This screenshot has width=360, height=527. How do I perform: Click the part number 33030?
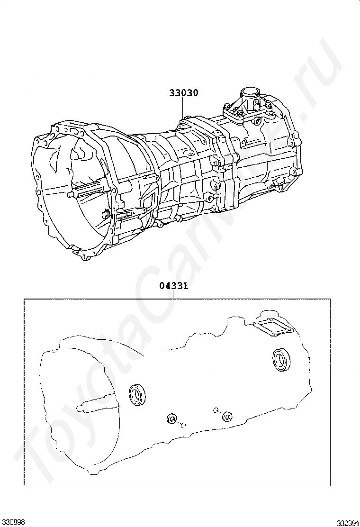click(x=184, y=93)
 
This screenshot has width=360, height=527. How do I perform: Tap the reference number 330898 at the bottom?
click(x=12, y=522)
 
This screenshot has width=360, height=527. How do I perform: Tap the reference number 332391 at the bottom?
click(x=348, y=522)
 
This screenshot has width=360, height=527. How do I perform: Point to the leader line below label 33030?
click(x=184, y=107)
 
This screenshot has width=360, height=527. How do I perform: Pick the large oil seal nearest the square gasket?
click(x=282, y=359)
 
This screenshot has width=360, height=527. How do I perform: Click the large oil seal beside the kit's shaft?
click(x=138, y=394)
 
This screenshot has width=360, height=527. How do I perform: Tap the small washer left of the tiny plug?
click(x=171, y=419)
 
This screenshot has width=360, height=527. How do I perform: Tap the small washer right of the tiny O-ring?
click(x=227, y=417)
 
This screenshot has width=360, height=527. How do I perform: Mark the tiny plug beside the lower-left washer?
click(x=183, y=424)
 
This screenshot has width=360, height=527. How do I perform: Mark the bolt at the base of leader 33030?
click(x=187, y=117)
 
